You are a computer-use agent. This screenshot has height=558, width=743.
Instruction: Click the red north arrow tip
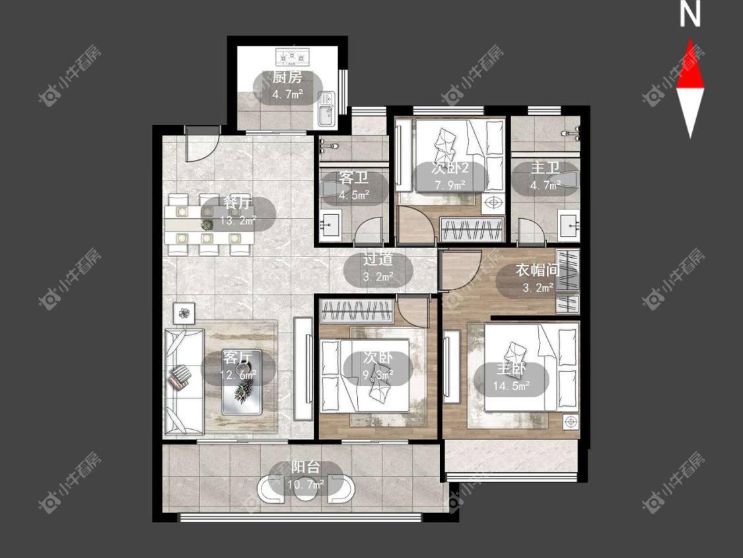pyautogui.click(x=690, y=40)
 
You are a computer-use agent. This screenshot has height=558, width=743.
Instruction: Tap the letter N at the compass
pyautogui.click(x=690, y=15)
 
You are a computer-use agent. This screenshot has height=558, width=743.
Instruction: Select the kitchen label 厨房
pyautogui.click(x=287, y=77)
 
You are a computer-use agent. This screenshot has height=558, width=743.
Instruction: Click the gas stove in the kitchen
pyautogui.click(x=292, y=57)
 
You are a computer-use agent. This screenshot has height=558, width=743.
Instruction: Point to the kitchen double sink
pyautogui.click(x=326, y=108)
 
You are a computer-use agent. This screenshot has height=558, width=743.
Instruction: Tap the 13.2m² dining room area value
pyautogui.click(x=238, y=221)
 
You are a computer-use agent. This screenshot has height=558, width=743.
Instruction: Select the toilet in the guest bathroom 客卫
pyautogui.click(x=329, y=190)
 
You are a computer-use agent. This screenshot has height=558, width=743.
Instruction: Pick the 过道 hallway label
pyautogui.click(x=378, y=260)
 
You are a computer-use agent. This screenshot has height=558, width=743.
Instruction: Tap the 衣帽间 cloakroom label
pyautogui.click(x=538, y=270)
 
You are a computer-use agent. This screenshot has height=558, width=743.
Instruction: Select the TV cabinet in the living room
pyautogui.click(x=302, y=369)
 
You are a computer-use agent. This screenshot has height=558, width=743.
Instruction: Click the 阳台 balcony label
pyautogui.click(x=306, y=467)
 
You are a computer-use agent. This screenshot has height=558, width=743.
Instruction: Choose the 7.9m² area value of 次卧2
pyautogui.click(x=450, y=185)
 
